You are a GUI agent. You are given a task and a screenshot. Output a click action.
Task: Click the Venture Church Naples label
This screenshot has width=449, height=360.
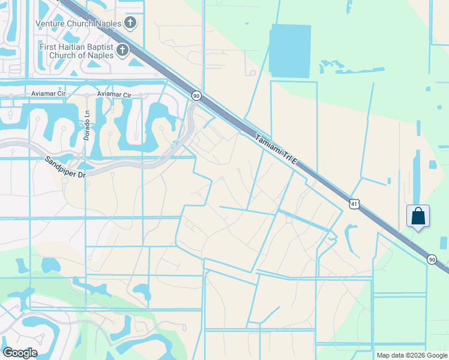pos(79,23)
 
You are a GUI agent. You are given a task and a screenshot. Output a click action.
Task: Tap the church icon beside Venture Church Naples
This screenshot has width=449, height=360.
pos(131,23)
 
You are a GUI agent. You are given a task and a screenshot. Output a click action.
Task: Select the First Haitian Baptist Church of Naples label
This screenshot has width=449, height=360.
pos(76,51)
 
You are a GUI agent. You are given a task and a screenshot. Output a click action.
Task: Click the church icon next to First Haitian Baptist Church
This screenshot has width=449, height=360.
pos(123,50)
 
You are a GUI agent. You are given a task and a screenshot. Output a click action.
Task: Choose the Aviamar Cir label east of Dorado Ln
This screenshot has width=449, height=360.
pos(114,94)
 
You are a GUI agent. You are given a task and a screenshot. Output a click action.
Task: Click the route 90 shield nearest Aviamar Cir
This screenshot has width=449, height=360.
pos(196,95)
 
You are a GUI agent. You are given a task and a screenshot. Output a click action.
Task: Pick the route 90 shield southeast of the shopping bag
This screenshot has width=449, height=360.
pos(432,259)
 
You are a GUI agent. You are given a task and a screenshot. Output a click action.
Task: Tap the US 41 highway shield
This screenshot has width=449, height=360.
pos(354,205)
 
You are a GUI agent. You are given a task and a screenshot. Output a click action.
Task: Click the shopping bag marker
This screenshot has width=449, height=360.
pos(418,216)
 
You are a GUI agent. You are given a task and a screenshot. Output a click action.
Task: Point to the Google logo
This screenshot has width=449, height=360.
pos(20,352)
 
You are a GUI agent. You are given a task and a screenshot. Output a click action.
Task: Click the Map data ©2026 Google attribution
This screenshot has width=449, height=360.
pos(411,355)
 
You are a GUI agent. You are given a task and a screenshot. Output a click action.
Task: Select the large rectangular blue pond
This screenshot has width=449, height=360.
pos(290,51)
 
